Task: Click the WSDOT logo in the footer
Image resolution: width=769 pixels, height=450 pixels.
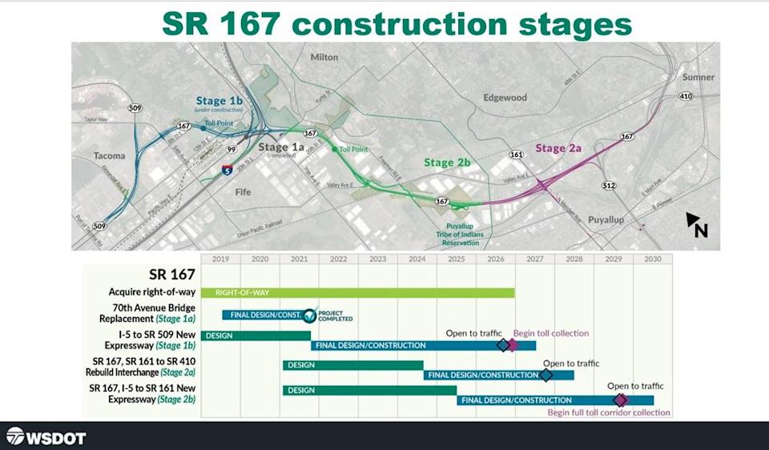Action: click(46, 437)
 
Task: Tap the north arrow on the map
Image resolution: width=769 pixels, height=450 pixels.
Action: click(697, 225)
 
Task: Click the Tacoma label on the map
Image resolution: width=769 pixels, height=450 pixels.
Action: click(110, 155)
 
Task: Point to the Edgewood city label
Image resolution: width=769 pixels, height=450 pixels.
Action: click(505, 98)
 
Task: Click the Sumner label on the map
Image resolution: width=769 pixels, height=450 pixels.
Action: click(699, 77)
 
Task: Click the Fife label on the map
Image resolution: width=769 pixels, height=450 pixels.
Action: click(243, 192)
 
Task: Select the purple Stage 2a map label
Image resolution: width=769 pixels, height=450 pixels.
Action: click(561, 148)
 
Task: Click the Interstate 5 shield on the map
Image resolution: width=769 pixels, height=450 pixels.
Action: click(228, 170)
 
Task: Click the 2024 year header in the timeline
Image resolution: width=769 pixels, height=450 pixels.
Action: click(417, 259)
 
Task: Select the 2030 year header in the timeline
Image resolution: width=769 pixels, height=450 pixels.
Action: click(652, 259)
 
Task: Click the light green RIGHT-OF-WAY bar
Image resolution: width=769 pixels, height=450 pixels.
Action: click(357, 292)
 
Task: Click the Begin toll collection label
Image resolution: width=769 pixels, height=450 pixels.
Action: click(551, 333)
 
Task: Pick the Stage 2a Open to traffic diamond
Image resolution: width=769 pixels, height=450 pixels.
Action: click(546, 375)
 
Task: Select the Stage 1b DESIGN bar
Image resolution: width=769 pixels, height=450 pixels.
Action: click(256, 335)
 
